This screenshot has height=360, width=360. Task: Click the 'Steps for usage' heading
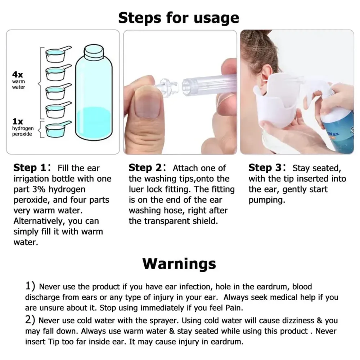tap(179, 17)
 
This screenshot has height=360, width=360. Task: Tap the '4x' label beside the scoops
tap(18, 75)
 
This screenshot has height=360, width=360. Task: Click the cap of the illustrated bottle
tap(93, 51)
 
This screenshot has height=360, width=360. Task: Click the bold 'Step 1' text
tap(30, 168)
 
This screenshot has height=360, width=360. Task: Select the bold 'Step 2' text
tap(145, 168)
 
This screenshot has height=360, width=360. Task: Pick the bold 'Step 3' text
tap(265, 168)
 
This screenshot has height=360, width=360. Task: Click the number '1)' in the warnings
tap(30, 287)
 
